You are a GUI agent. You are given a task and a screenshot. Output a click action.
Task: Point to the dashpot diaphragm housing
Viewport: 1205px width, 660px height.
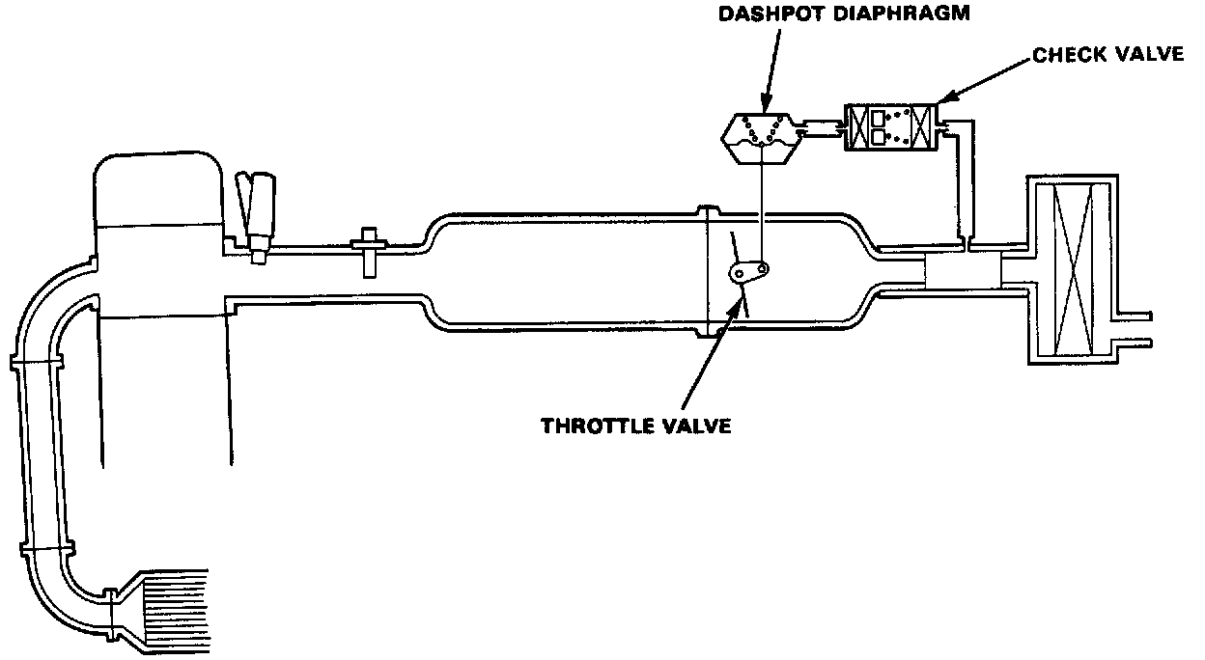[x=764, y=138]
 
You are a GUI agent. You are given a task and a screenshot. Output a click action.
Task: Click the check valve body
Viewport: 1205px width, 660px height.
[x=889, y=126]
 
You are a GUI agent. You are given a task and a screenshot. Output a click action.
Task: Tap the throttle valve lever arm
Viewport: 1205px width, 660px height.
[x=750, y=273]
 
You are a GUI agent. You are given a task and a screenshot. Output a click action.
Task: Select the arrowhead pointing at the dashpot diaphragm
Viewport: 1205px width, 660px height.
[x=765, y=103]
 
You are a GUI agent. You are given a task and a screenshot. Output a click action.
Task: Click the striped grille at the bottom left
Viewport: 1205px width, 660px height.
[x=176, y=608]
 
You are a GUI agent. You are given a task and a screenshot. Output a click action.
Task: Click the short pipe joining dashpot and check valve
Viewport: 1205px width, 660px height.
[x=825, y=128]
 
